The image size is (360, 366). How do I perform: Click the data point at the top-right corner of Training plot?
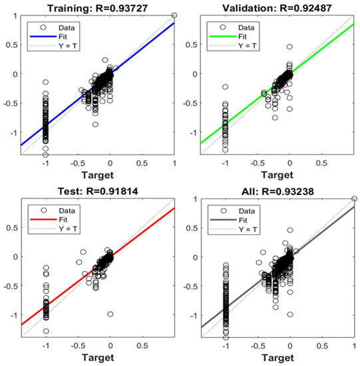174,15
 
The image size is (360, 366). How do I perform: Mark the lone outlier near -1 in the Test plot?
110,314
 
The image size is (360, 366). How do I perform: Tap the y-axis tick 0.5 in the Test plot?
13,226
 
